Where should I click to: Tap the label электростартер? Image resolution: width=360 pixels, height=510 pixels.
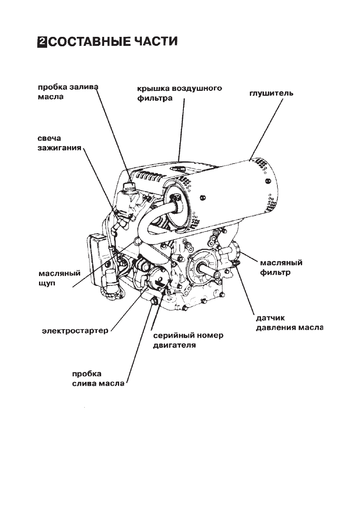pos(75,331)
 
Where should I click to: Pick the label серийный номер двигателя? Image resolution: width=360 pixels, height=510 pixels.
pos(188,340)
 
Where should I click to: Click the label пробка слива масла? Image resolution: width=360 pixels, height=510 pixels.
pos(98,378)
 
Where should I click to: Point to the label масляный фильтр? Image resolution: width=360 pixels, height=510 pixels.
pos(282,267)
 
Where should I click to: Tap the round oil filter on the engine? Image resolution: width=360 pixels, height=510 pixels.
pos(237,250)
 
